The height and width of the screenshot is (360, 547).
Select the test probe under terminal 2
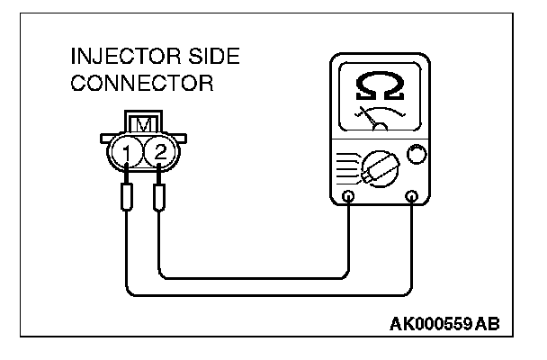click(159, 197)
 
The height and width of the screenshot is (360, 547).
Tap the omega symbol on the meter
click(379, 86)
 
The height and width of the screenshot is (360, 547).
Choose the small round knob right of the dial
click(415, 155)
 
